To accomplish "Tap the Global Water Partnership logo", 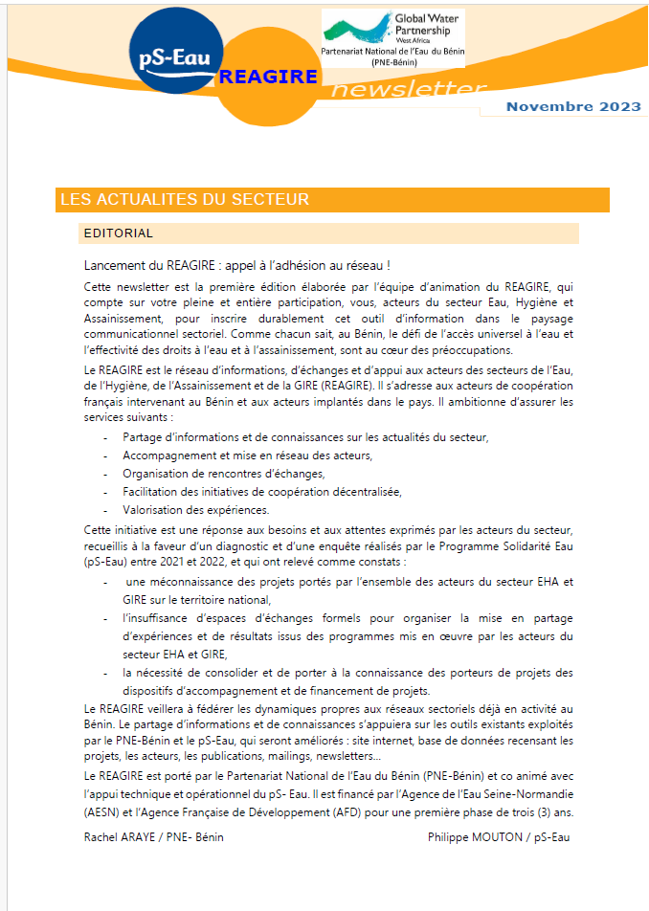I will tap(392, 29).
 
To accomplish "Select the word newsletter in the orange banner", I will tap(409, 91).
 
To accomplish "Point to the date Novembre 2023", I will tap(573, 106).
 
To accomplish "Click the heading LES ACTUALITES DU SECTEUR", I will tap(184, 199).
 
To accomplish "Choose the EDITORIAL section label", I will tap(119, 233).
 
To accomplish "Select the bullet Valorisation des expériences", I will tap(195, 510).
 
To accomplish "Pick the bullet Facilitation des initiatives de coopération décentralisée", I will tap(261, 492).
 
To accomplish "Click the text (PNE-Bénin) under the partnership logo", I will tap(392, 61).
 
